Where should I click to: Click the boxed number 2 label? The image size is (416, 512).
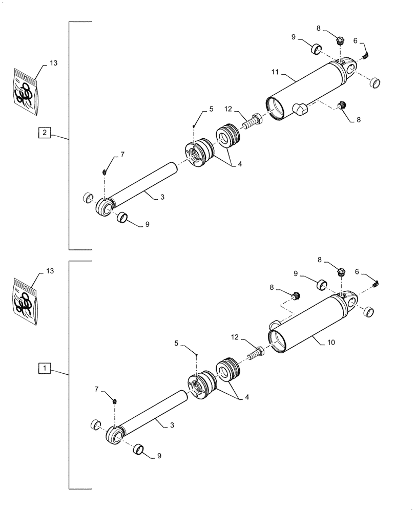45,133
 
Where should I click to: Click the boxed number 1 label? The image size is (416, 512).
45,368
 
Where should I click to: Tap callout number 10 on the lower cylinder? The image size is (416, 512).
331,342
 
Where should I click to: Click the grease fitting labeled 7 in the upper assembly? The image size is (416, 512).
104,172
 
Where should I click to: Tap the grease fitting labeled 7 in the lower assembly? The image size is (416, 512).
115,401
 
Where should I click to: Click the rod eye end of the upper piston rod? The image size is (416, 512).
104,208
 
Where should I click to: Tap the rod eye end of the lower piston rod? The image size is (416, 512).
115,436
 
